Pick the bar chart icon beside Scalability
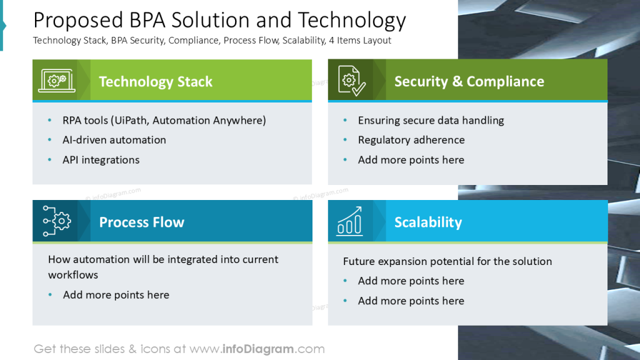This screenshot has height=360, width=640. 349,221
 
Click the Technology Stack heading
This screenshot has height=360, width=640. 156,82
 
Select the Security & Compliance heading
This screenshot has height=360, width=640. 469,82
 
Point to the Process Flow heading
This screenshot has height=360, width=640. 141,222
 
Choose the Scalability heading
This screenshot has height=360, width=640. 427,222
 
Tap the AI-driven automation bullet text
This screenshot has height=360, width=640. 114,140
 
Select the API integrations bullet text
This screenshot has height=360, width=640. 101,160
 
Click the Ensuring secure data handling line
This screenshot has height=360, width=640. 431,121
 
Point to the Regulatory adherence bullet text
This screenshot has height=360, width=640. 411,140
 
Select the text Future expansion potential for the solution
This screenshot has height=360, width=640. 447,261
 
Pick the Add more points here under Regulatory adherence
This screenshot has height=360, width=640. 411,160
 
